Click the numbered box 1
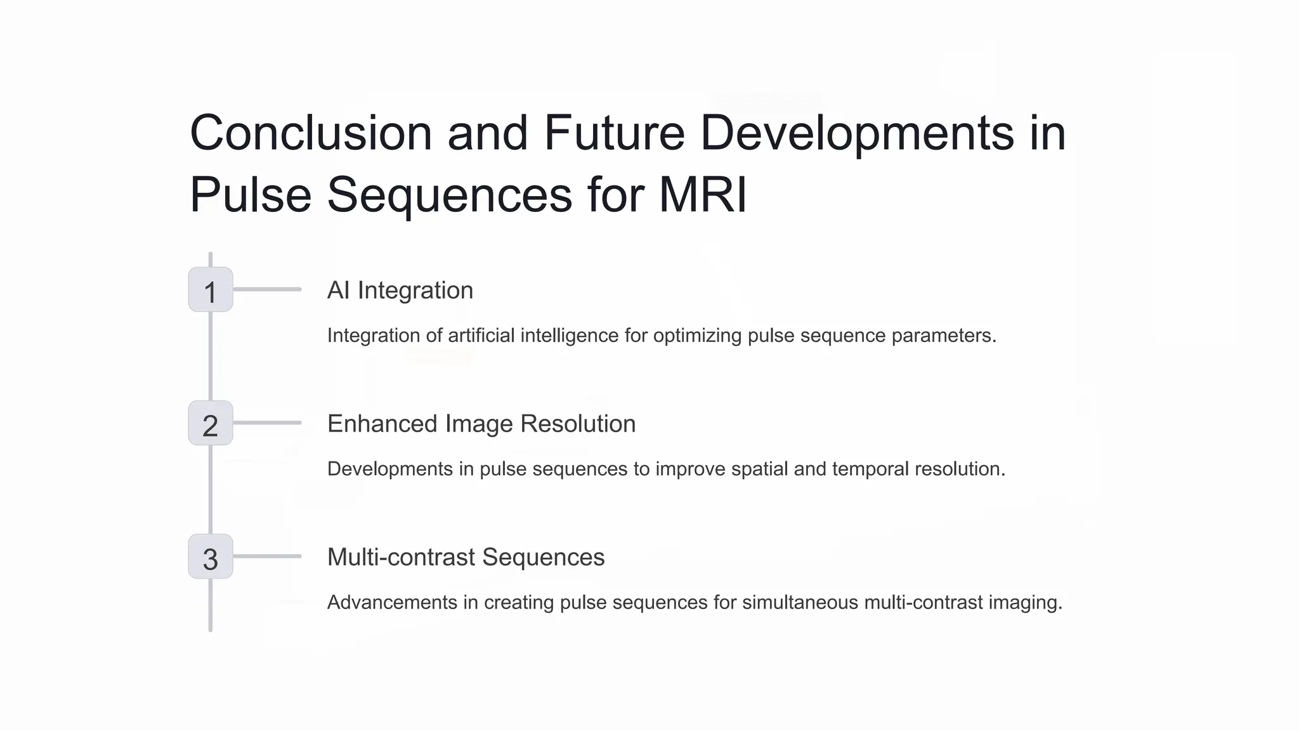point(211,290)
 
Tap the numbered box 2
point(211,423)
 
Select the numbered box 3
point(211,557)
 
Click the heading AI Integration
point(400,291)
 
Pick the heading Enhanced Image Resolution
point(481,424)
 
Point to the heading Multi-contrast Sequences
point(466,557)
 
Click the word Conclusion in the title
point(311,133)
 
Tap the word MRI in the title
point(703,194)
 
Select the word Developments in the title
point(857,133)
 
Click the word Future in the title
point(614,133)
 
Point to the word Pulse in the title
point(251,194)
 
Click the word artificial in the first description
point(481,336)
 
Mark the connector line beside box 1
point(267,289)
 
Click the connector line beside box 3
point(267,556)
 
